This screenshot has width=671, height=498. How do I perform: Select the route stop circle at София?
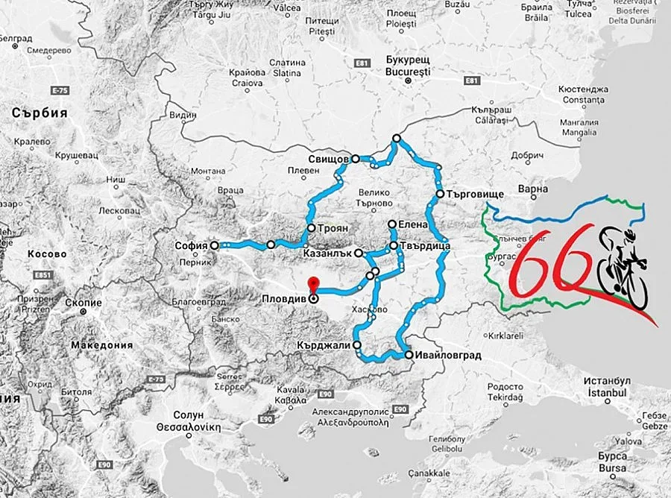click(x=214, y=245)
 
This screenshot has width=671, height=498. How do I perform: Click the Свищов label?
click(x=328, y=160)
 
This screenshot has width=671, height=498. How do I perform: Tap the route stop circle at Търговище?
click(x=441, y=194)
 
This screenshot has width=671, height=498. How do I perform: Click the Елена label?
click(x=413, y=224)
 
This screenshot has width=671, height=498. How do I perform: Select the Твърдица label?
click(x=423, y=245)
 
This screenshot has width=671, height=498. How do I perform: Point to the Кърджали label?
click(x=324, y=346)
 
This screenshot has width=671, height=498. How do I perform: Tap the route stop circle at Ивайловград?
click(x=409, y=356)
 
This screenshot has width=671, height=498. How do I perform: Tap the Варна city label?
click(x=533, y=189)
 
